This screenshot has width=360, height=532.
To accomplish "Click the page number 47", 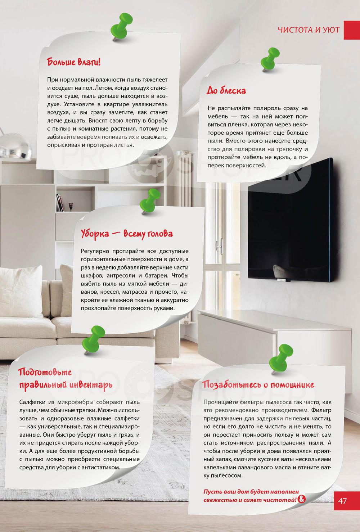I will [x=342, y=501].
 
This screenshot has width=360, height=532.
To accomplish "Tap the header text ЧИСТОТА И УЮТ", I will [x=309, y=30].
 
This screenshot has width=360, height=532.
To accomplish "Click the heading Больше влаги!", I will [x=74, y=62].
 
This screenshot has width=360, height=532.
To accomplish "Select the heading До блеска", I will [x=226, y=90].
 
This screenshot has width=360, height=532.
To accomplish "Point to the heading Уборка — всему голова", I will [x=127, y=234].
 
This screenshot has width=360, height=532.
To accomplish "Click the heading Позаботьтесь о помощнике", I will [x=258, y=384].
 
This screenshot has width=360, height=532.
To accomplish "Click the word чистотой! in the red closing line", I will [x=279, y=500].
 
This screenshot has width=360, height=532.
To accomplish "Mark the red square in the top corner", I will [x=352, y=30].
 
